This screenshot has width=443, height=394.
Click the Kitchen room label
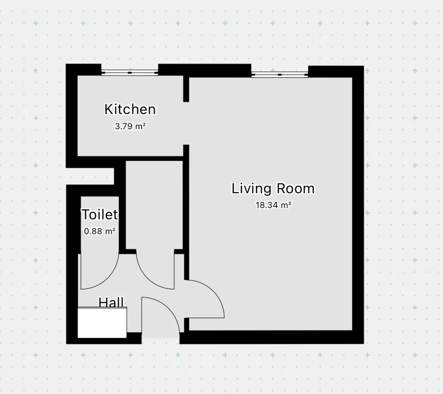pyautogui.click(x=130, y=109)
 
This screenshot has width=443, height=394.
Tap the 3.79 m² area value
pyautogui.click(x=130, y=126)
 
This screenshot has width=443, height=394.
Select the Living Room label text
pyautogui.click(x=273, y=189)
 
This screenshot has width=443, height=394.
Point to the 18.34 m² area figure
pyautogui.click(x=273, y=205)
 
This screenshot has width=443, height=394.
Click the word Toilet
pyautogui.click(x=100, y=215)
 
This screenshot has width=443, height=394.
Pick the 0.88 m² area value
pyautogui.click(x=100, y=231)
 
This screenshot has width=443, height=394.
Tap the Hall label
pyautogui.click(x=111, y=302)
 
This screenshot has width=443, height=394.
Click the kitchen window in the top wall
pyautogui.click(x=130, y=73)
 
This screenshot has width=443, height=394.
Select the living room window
pyautogui.click(x=280, y=74)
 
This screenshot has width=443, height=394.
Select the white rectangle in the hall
pyautogui.click(x=102, y=322)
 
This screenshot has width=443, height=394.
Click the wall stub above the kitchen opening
pyautogui.click(x=186, y=89)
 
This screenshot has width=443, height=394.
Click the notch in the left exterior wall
pyautogui.click(x=90, y=176)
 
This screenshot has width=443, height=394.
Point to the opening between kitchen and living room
pyautogui.click(x=186, y=123)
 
